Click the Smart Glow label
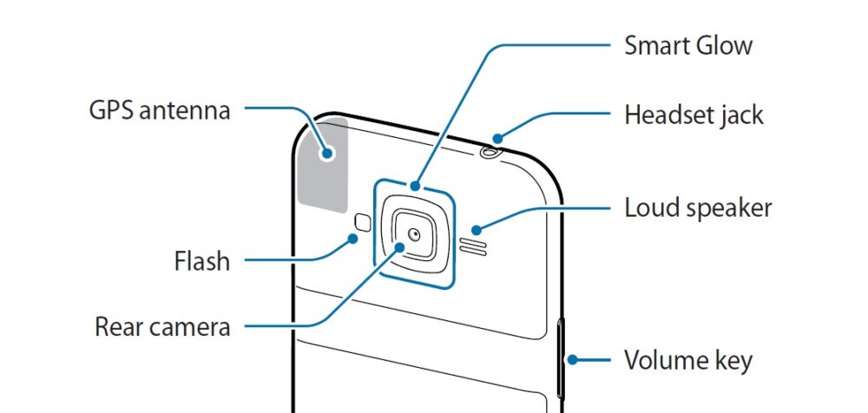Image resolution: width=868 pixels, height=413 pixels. pos(688,45)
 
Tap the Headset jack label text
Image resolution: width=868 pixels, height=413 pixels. pos(694,115)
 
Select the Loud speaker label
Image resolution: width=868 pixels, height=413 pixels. pos(698,208)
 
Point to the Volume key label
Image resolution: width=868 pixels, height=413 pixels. pos(688,359)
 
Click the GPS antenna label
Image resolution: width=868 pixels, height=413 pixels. pos(160,111)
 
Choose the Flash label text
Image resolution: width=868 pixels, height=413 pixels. pos(201,259)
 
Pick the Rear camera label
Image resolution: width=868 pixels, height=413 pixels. pos(162,327)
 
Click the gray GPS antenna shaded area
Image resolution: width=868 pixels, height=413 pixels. pos(323,165)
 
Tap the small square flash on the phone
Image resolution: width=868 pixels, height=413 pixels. pos(362,220)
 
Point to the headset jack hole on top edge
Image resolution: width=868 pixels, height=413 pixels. pos(491,154)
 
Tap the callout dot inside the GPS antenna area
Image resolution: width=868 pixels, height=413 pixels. pos(328,153)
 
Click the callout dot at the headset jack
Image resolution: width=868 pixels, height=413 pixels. pos(497,137)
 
